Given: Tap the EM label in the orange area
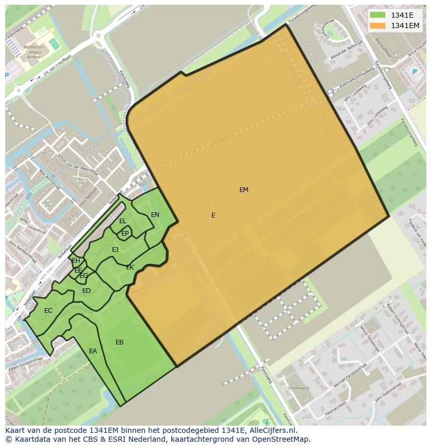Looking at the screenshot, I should point(244,190).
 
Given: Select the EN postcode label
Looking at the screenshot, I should point(155,215).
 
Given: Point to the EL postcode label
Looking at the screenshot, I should point(123,221).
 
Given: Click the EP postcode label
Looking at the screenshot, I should point(125,234).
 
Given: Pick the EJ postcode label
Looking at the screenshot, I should point(115,250).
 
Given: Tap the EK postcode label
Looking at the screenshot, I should point(130,267).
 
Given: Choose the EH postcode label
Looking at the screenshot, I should point(76,261).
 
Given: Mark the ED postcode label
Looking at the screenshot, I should point(86,291).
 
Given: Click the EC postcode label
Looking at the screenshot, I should point(48,311).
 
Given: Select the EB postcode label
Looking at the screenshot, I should point(120,342).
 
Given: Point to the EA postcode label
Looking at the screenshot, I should point(93,351).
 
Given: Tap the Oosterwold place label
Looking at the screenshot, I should point(299,388).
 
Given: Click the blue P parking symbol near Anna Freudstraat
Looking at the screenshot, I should point(414,72).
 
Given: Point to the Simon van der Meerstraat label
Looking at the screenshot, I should point(78,166).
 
